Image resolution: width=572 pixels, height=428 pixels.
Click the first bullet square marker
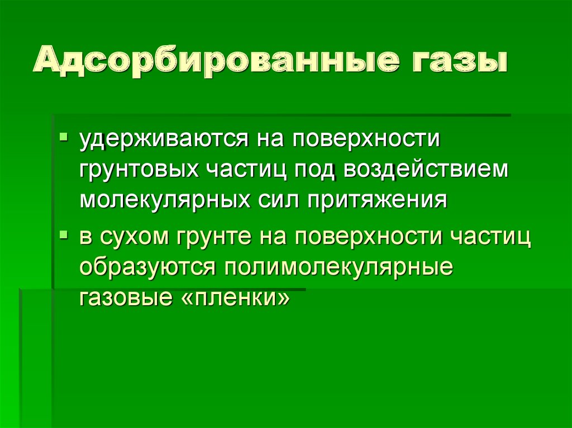[66, 136]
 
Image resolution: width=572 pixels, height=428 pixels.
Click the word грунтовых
[136, 170]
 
